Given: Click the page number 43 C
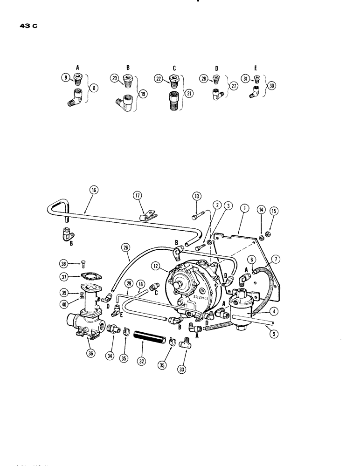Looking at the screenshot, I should pyautogui.click(x=28, y=26).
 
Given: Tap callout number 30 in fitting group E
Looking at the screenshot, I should pyautogui.click(x=271, y=86).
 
